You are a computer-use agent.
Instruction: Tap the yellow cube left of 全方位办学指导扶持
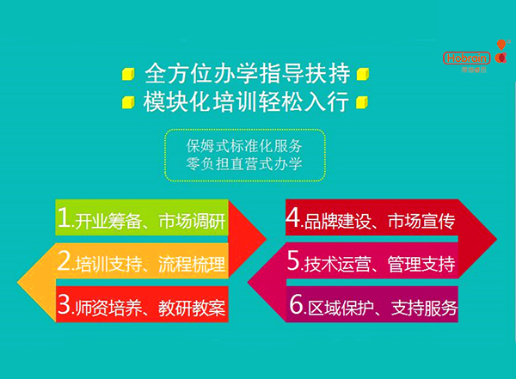(128, 72)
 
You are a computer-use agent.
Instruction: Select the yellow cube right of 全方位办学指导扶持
(362, 72)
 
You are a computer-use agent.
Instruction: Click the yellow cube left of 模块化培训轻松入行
(128, 102)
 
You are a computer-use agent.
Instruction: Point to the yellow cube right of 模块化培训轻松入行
(362, 102)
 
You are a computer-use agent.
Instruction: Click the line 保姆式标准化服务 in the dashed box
(245, 144)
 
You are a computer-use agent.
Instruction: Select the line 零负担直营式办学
(245, 162)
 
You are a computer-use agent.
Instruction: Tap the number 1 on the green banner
(63, 220)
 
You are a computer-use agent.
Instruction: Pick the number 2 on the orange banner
(63, 262)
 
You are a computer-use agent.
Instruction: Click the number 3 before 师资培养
(63, 305)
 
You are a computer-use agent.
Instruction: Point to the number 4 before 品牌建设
(292, 220)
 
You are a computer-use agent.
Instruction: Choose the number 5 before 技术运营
(292, 262)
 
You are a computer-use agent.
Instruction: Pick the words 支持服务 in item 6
(423, 307)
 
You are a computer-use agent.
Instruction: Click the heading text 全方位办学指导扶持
(245, 72)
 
